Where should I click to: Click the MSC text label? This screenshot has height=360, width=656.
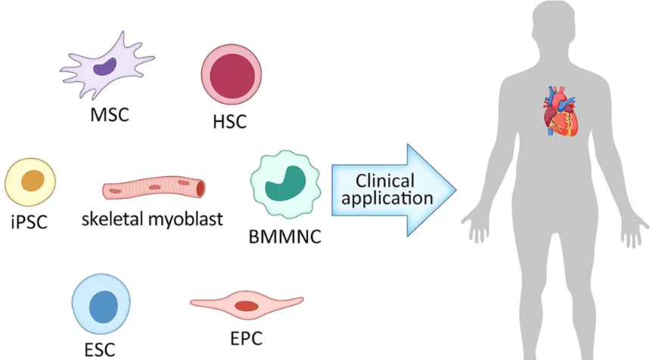(x=109, y=116)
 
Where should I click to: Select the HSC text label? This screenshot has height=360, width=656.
(x=230, y=121)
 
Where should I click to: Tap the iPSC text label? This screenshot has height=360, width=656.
(x=29, y=225)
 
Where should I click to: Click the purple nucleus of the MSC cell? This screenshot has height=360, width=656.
(x=105, y=68)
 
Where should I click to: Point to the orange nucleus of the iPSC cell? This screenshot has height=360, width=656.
(x=32, y=182)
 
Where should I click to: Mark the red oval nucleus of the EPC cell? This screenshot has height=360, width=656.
(x=246, y=306)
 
